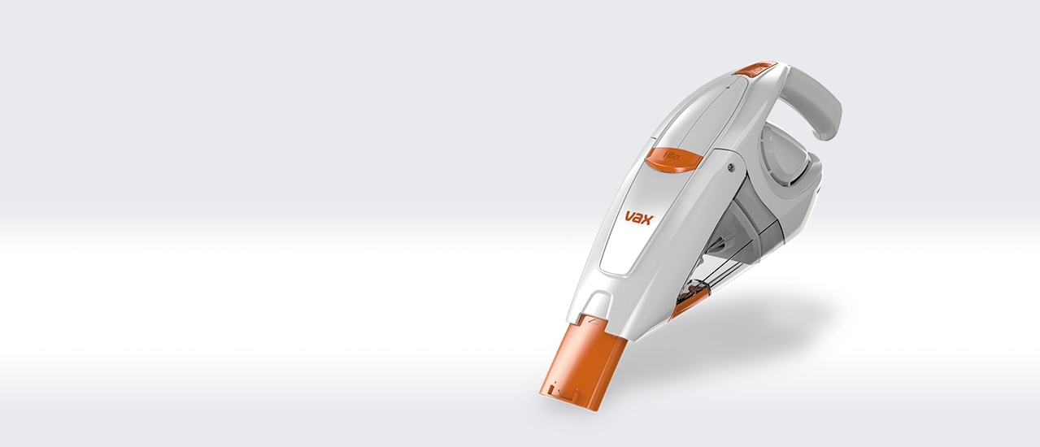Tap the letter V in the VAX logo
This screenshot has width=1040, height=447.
629,217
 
